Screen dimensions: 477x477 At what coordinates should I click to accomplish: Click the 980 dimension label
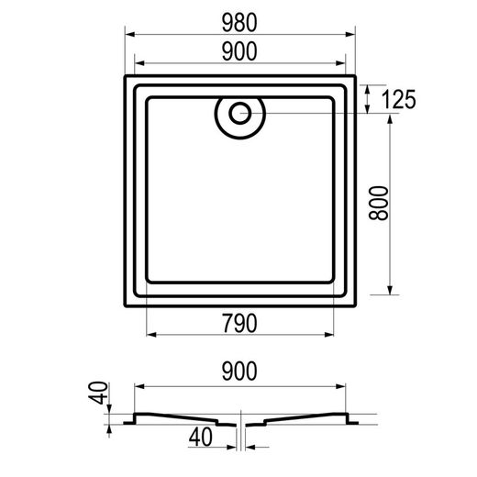click(x=239, y=23)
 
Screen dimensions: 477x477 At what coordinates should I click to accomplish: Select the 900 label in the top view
click(x=239, y=51)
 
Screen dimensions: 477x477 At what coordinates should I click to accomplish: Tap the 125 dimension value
click(x=398, y=99)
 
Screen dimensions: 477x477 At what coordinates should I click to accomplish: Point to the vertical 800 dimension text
click(x=379, y=203)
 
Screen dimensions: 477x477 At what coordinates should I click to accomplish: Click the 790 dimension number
click(x=239, y=324)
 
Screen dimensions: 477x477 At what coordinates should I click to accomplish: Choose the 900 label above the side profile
click(x=239, y=372)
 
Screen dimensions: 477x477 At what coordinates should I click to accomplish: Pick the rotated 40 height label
click(x=98, y=393)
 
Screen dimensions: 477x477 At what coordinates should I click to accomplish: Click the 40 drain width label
click(x=200, y=437)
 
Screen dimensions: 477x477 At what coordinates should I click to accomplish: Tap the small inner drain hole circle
click(x=240, y=113)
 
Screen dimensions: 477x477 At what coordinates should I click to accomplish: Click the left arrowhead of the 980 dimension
click(x=130, y=34)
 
